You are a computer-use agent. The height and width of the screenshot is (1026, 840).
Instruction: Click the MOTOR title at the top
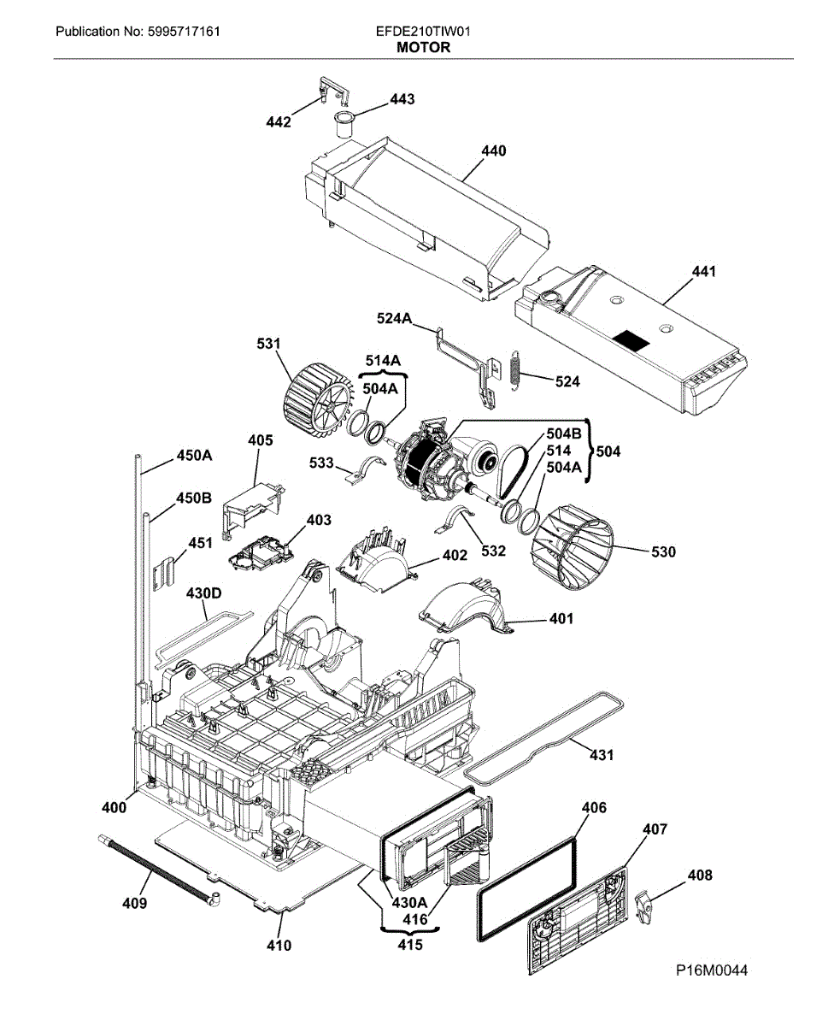point(423,48)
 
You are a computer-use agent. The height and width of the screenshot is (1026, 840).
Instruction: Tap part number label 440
point(493,151)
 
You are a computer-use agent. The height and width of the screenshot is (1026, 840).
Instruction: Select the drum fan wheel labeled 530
point(572,544)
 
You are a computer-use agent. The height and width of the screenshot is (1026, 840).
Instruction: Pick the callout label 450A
point(194,456)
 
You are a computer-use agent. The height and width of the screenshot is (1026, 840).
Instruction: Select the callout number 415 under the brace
point(406,946)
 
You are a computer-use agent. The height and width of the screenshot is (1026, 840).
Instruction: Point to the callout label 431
point(602,755)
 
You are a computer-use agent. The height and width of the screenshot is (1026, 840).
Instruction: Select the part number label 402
point(455,556)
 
